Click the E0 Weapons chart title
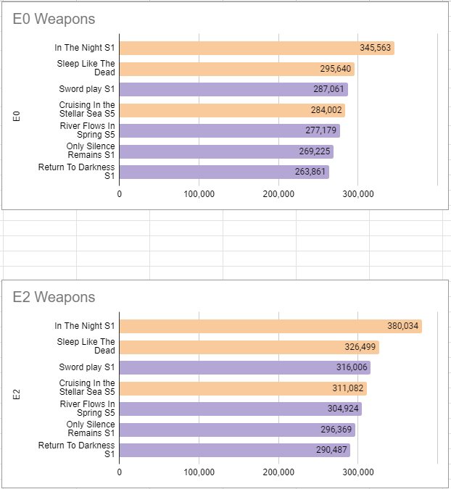pyautogui.click(x=54, y=20)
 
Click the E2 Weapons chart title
pyautogui.click(x=54, y=297)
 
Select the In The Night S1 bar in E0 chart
pyautogui.click(x=239, y=48)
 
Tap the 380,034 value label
pyautogui.click(x=402, y=326)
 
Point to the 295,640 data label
pyautogui.click(x=336, y=69)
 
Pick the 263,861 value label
pyautogui.click(x=310, y=172)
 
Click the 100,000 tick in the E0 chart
pyautogui.click(x=199, y=194)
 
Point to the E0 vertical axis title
pyautogui.click(x=17, y=115)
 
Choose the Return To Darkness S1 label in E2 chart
pyautogui.click(x=76, y=450)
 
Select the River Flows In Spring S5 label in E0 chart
pyautogui.click(x=86, y=130)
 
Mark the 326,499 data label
pyautogui.click(x=360, y=347)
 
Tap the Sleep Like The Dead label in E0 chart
pyautogui.click(x=86, y=68)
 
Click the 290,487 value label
pyautogui.click(x=331, y=450)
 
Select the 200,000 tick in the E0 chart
pyautogui.click(x=278, y=194)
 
